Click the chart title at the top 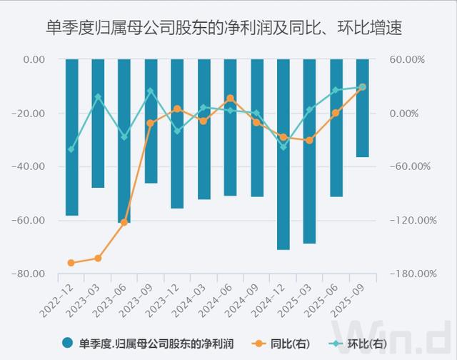tap(228, 29)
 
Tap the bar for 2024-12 tap(283, 154)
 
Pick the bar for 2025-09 tap(363, 108)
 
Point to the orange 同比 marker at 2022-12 tap(71, 263)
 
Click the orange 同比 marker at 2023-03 tap(98, 258)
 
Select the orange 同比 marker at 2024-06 tap(230, 98)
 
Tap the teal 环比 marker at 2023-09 tap(151, 91)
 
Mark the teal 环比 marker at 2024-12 tap(283, 146)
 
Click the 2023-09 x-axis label tap(140, 299)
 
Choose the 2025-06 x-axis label tap(325, 299)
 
